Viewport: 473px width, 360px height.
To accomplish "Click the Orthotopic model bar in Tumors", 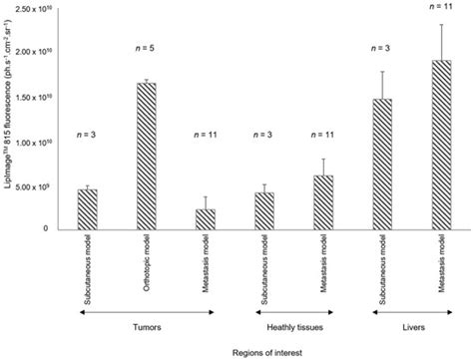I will [x=146, y=156].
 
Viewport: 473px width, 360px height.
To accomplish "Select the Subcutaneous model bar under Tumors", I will [x=88, y=208].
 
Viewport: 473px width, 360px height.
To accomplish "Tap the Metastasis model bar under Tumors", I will [x=206, y=218].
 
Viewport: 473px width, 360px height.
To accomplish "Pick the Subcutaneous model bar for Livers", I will [x=380, y=164].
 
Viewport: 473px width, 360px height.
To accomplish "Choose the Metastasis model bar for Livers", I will [x=440, y=145].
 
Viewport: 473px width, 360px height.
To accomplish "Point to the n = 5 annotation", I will [x=146, y=50].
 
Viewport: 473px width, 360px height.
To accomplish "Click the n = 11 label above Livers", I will [x=440, y=7].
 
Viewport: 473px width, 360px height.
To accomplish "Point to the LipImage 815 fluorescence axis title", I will [x=9, y=120].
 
